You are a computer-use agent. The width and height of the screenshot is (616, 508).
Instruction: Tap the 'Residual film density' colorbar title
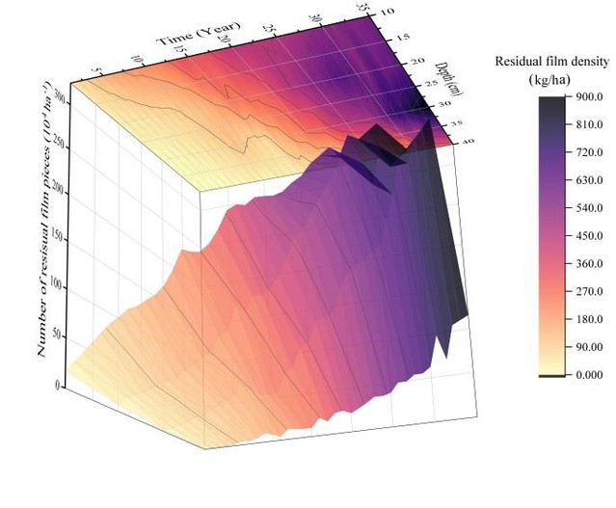[551, 62]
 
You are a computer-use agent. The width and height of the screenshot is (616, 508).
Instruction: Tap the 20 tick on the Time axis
[224, 43]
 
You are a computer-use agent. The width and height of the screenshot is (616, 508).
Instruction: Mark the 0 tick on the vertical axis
[60, 385]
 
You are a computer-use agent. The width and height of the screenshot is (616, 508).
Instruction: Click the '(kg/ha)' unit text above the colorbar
[551, 78]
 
